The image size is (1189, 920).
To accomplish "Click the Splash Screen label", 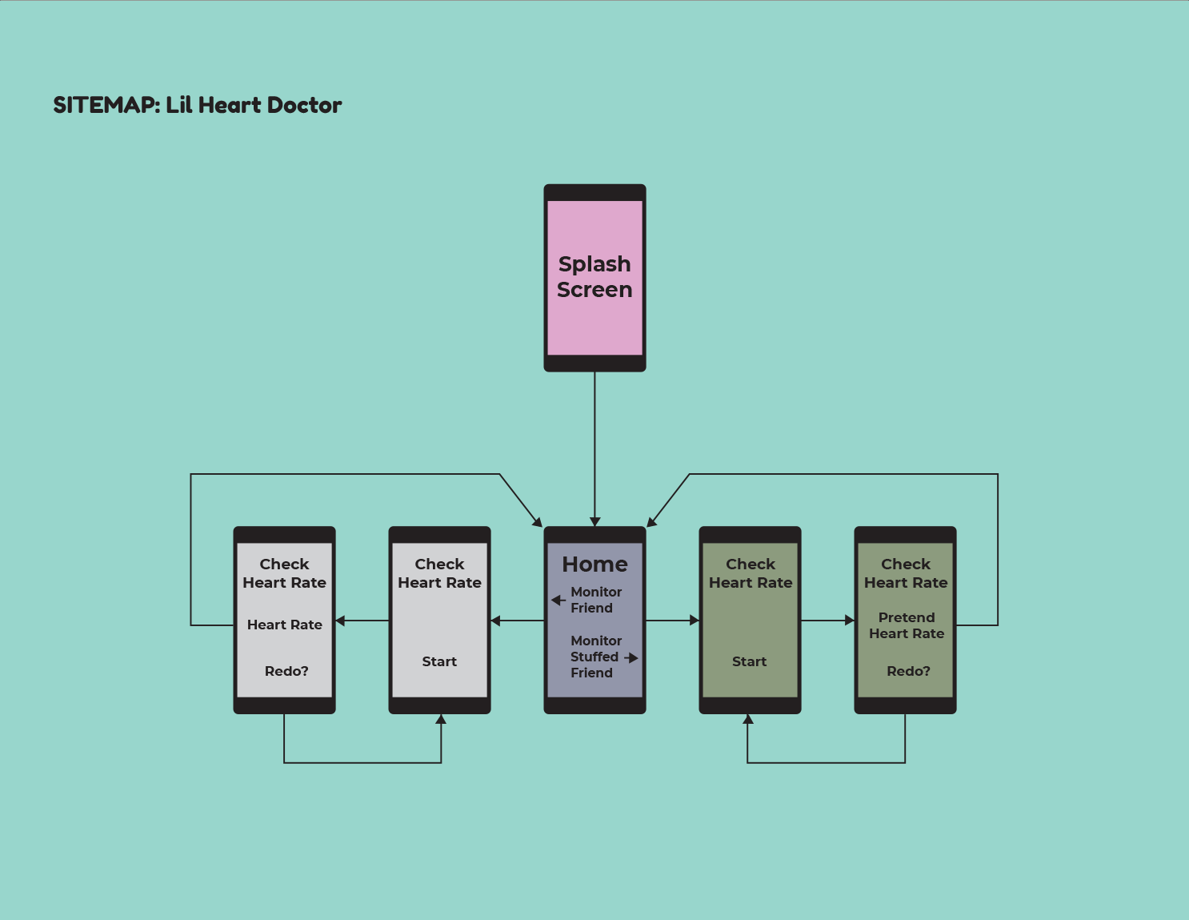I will [594, 277].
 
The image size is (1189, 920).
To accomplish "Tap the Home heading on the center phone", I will [594, 564].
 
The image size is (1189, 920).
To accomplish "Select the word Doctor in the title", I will [304, 105].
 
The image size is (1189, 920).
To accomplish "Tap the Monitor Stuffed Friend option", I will [595, 657].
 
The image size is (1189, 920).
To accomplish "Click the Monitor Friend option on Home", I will [595, 600].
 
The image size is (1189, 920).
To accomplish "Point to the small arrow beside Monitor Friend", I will [558, 600].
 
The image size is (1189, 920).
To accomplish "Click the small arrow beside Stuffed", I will [631, 657].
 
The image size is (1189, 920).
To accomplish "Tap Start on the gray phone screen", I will [439, 661].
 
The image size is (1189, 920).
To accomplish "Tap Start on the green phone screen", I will [749, 661].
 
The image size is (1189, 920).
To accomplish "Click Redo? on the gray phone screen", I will [286, 671].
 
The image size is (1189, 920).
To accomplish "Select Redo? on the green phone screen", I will [908, 671].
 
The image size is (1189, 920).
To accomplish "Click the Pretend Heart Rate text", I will [907, 625].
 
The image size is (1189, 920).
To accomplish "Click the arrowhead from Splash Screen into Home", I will [594, 521].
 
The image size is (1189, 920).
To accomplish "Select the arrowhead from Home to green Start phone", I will [695, 621].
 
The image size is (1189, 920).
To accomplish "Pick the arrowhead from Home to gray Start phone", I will [496, 621].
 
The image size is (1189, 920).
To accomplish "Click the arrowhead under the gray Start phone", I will [440, 719].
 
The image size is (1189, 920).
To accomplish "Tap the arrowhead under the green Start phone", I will [748, 719].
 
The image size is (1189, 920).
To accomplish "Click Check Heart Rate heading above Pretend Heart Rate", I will [906, 573].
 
